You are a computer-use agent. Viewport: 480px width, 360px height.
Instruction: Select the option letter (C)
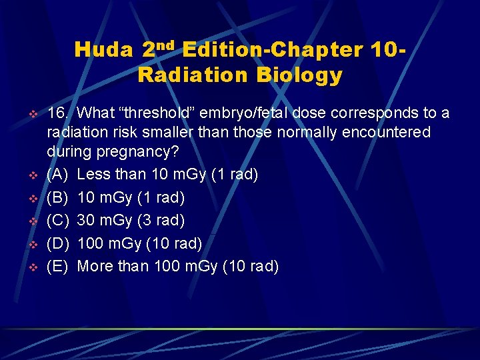pyautogui.click(x=59, y=221)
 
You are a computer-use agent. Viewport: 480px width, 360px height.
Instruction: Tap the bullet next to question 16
pyautogui.click(x=30, y=114)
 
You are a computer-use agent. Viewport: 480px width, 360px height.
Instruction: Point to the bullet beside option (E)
pyautogui.click(x=30, y=267)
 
